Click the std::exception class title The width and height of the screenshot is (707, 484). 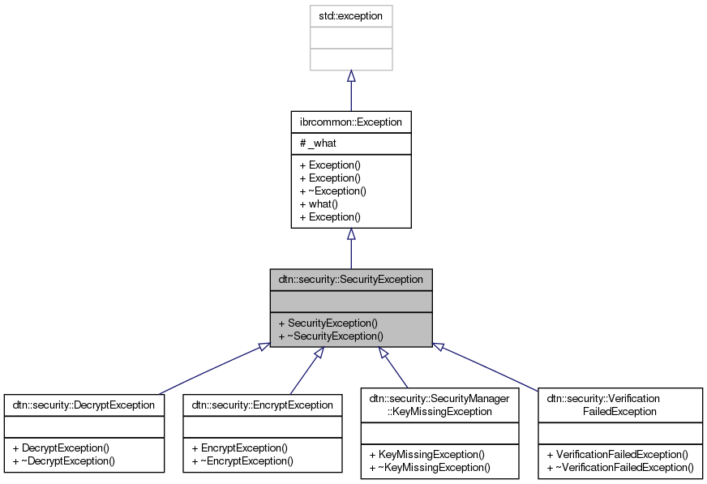351,15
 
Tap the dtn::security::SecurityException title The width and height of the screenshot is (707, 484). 351,280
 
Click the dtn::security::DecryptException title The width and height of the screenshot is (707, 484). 84,404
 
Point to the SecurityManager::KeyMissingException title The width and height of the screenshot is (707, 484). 441,405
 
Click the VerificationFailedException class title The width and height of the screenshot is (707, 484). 620,405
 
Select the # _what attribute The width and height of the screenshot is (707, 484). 318,143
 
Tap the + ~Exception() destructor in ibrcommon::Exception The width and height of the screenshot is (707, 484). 333,191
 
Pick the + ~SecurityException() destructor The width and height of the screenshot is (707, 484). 330,336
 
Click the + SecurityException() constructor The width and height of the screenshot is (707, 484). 328,323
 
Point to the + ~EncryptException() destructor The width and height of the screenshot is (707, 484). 242,460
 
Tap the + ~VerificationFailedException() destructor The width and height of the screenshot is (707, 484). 620,467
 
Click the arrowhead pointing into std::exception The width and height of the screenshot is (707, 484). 351,76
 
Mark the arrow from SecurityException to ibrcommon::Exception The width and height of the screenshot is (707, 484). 351,251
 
